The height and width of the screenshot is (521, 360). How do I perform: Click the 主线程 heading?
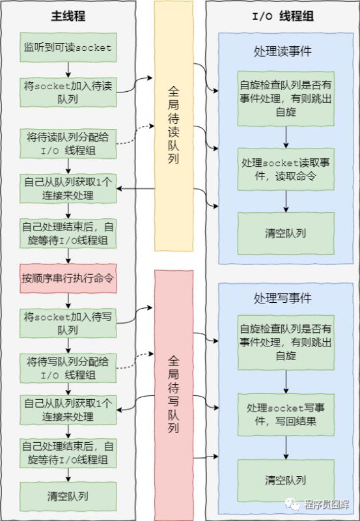68,16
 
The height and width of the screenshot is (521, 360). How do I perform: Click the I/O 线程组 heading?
282,16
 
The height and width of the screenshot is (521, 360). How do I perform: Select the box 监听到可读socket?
68,48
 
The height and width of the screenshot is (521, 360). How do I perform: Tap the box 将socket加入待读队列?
68,92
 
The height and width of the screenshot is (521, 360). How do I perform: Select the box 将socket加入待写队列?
68,322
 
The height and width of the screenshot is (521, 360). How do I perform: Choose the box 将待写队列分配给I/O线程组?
68,367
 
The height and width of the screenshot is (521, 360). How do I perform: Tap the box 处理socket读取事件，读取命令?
286,168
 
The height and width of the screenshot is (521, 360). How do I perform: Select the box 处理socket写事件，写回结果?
286,414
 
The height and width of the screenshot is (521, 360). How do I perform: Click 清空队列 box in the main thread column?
68,496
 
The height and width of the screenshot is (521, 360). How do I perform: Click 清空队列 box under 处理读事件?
286,232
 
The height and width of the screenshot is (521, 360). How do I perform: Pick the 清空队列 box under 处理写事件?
286,480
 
